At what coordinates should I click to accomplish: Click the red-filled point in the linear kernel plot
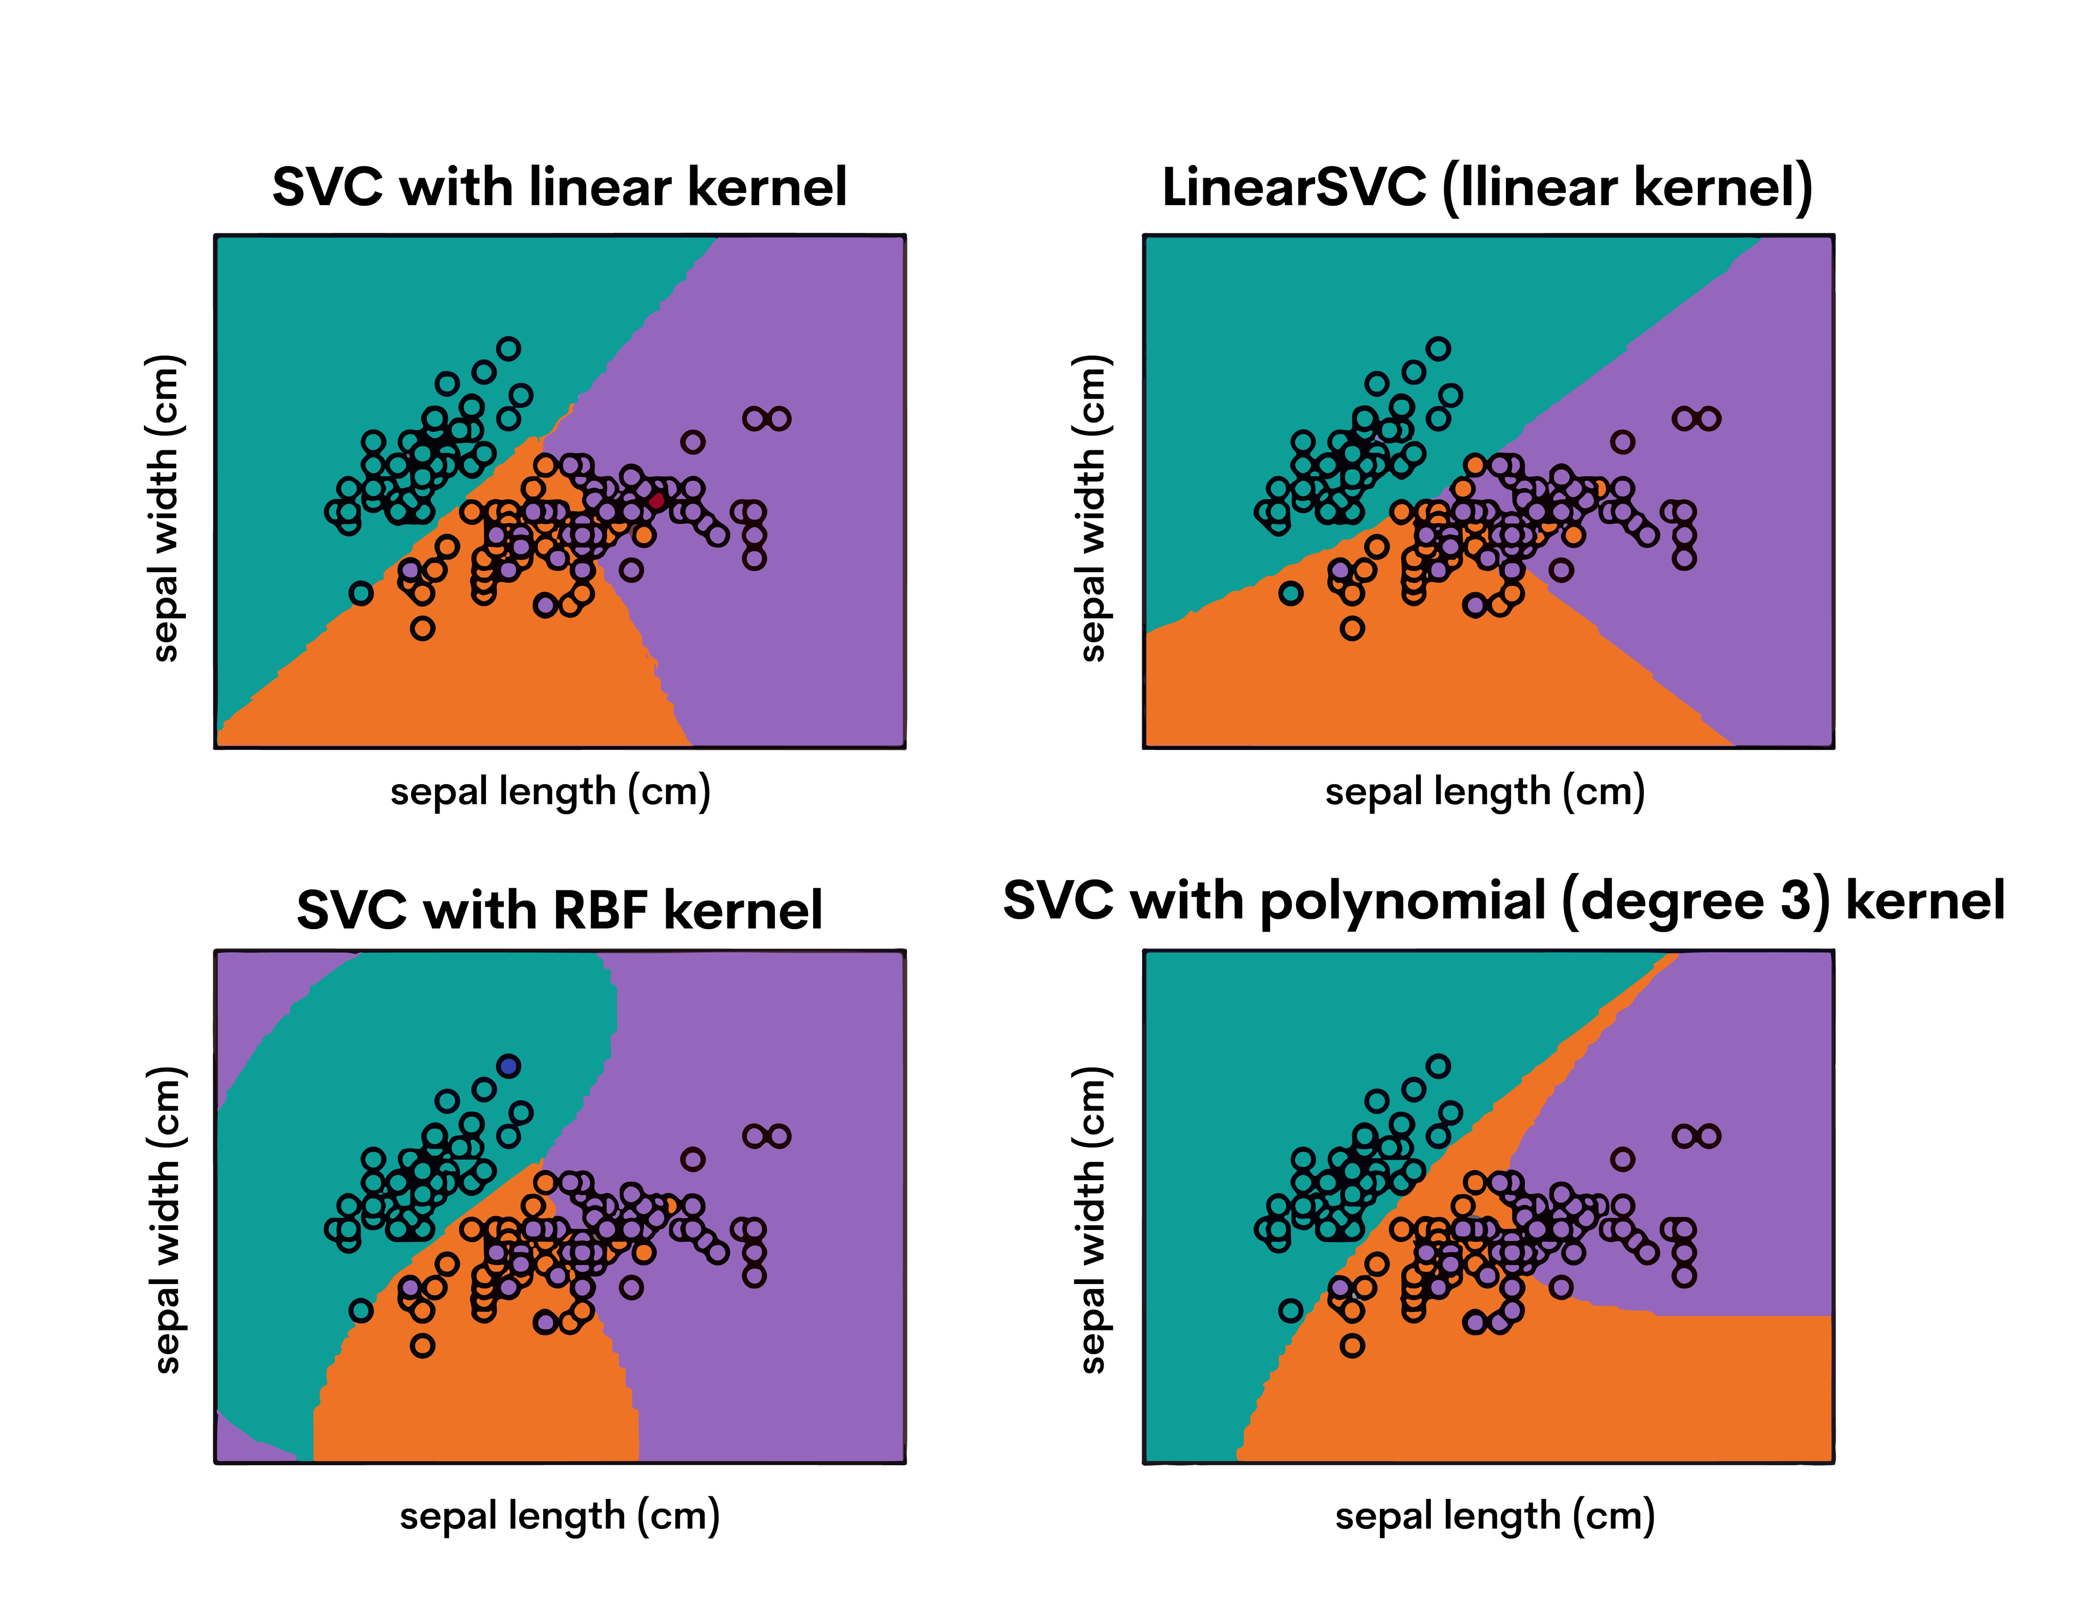pyautogui.click(x=656, y=500)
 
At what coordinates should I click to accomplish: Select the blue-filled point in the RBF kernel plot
pyautogui.click(x=508, y=1066)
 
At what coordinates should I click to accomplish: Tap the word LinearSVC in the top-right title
pyautogui.click(x=1293, y=187)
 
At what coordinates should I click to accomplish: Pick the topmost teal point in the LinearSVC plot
pyautogui.click(x=1438, y=349)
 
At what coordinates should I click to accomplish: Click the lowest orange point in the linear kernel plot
pyautogui.click(x=422, y=628)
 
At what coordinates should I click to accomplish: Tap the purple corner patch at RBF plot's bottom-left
pyautogui.click(x=239, y=1441)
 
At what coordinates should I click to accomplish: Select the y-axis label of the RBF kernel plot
pyautogui.click(x=165, y=1221)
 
